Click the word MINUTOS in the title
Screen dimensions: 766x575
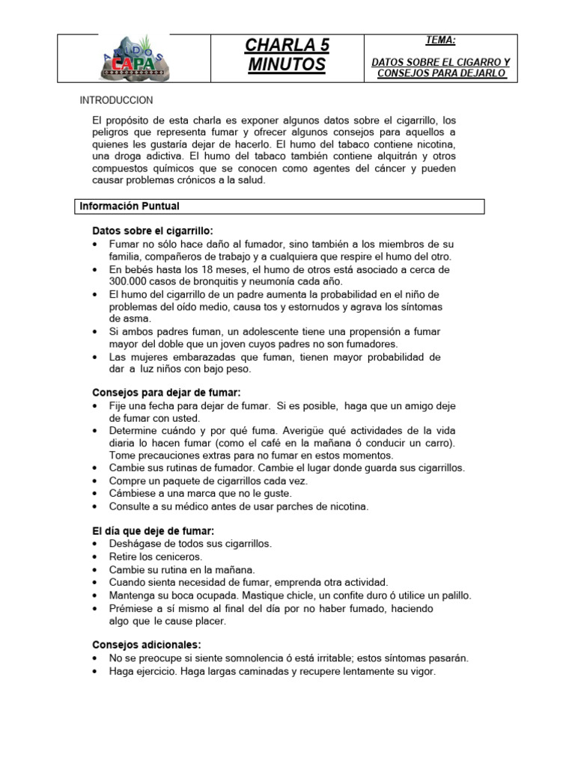(287, 66)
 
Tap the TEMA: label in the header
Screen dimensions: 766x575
(439, 42)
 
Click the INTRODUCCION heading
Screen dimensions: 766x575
(117, 100)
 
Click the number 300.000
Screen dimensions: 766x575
(132, 281)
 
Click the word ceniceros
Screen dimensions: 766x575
(179, 557)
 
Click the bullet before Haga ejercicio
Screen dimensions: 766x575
(94, 672)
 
